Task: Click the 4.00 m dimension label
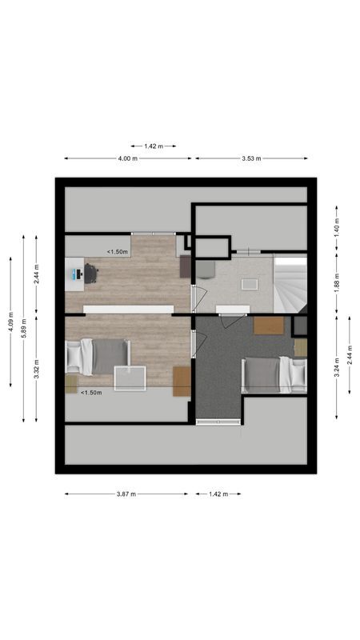(127, 158)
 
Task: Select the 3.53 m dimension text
(251, 158)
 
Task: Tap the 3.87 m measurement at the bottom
(126, 494)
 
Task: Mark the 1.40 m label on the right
(337, 228)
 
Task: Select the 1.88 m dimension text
(337, 281)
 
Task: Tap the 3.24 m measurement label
(337, 367)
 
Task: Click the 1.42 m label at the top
(153, 146)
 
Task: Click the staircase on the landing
(290, 283)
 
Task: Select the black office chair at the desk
(90, 274)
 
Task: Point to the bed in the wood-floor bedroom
(98, 356)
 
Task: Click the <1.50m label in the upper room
(118, 251)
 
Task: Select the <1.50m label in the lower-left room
(90, 393)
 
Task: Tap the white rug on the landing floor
(249, 284)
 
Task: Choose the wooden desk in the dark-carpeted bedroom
(269, 325)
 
